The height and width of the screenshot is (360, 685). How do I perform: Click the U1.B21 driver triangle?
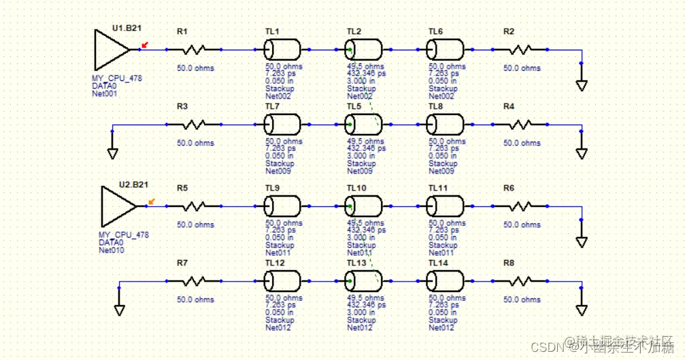click(x=110, y=50)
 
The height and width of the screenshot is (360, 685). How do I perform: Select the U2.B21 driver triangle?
click(x=117, y=206)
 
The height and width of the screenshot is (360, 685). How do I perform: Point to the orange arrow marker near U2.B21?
click(x=151, y=201)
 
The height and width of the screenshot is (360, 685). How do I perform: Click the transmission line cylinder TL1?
click(x=282, y=50)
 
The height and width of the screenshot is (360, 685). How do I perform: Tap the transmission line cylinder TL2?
click(x=363, y=50)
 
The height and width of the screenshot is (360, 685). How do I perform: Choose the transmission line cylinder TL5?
click(x=363, y=125)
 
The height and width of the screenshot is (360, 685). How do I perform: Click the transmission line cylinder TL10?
click(x=363, y=206)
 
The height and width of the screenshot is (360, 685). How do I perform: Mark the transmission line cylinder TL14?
click(x=446, y=281)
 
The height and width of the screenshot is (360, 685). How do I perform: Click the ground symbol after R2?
click(x=581, y=85)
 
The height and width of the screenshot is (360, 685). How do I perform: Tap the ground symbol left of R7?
click(x=119, y=310)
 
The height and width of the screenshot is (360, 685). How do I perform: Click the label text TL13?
click(x=356, y=263)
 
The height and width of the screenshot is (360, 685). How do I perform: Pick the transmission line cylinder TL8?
click(x=446, y=125)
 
